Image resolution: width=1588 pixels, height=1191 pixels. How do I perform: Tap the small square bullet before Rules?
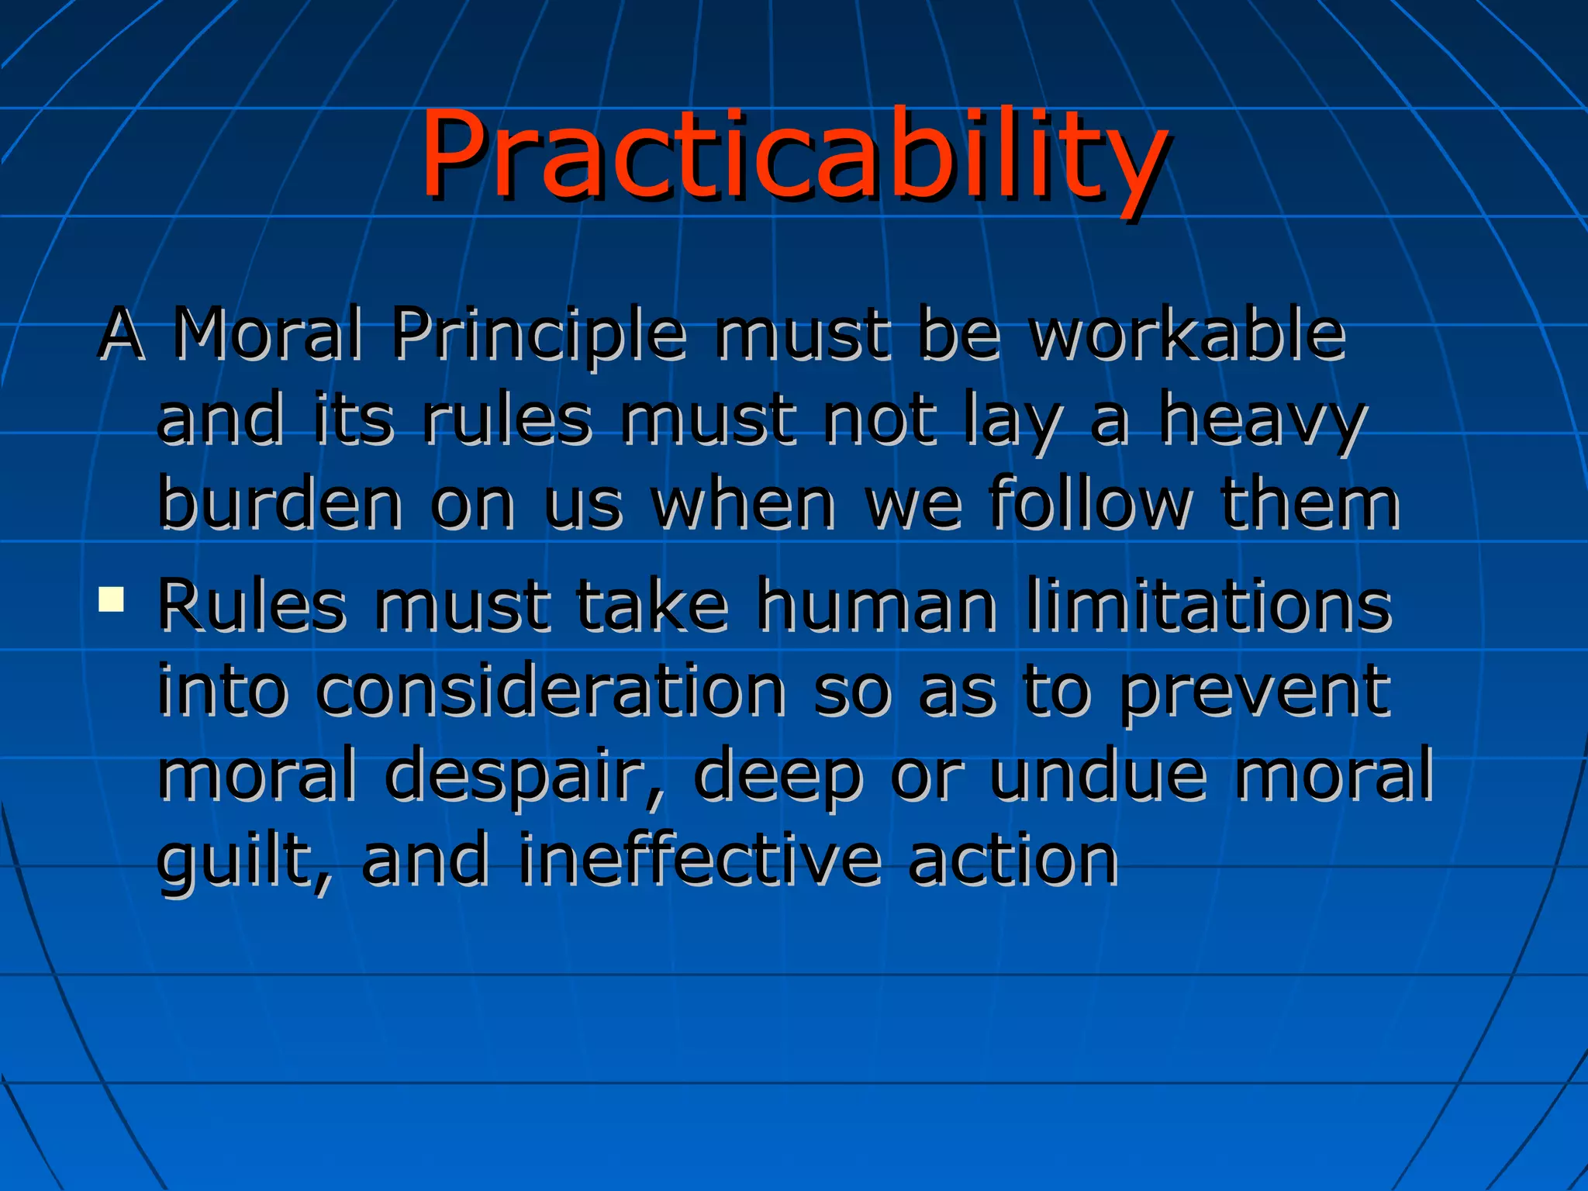pos(112,599)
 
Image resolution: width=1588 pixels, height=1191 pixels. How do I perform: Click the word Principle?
pos(539,335)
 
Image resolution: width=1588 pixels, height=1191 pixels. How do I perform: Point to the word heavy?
pos(1262,421)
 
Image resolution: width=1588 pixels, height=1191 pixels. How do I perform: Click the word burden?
pos(280,504)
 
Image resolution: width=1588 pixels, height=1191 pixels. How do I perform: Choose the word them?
pos(1310,504)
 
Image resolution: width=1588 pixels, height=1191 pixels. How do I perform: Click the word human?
pos(876,606)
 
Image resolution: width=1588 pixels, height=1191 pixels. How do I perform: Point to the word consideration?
pos(551,690)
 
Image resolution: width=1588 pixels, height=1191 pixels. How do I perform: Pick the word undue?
pos(1098,774)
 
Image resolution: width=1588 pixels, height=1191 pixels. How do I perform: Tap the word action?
pos(1013,861)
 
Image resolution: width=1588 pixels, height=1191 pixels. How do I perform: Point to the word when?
pos(743,504)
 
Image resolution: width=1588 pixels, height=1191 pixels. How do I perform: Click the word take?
pos(651,606)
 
